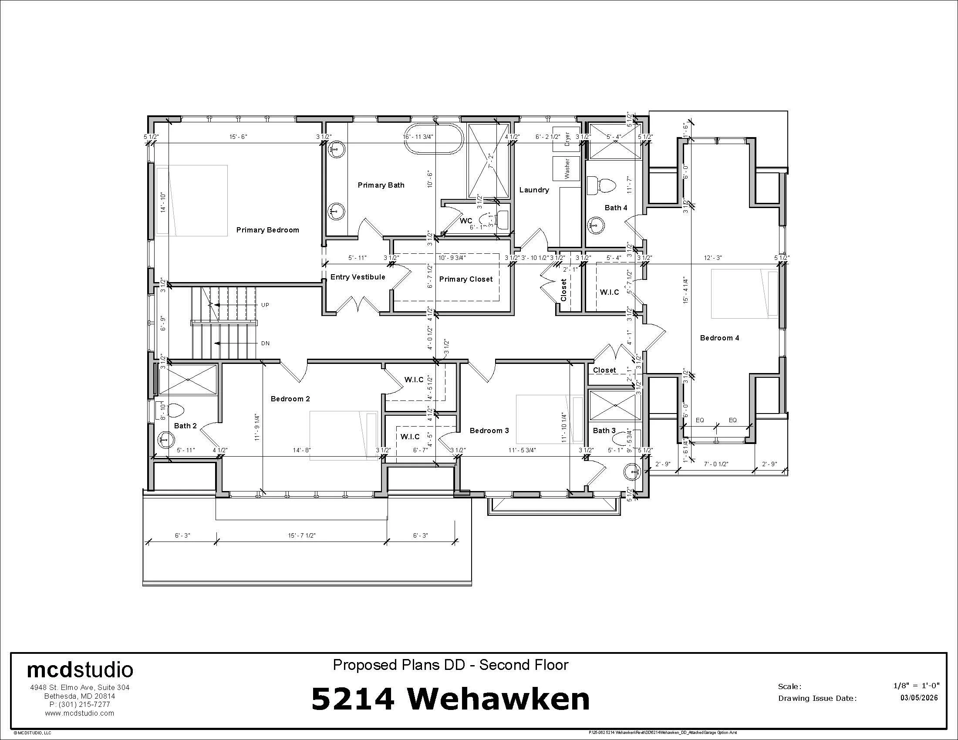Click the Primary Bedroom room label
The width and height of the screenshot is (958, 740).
(x=267, y=230)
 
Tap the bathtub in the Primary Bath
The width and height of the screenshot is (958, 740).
(x=433, y=138)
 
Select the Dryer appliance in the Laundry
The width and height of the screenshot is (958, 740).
(x=566, y=138)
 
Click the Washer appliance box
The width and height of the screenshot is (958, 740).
(x=566, y=168)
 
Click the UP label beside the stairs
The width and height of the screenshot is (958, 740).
(x=265, y=305)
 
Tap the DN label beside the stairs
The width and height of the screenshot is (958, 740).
(x=265, y=343)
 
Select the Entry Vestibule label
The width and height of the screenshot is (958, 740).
(x=358, y=277)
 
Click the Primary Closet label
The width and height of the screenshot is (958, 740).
(x=466, y=279)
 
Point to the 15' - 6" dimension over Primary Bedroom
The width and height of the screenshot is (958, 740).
(x=238, y=137)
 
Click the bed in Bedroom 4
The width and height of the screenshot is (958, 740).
(x=744, y=294)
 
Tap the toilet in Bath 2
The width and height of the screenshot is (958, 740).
(x=174, y=411)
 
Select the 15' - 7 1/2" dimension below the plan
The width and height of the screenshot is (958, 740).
(x=302, y=536)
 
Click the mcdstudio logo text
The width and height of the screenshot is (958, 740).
(x=80, y=670)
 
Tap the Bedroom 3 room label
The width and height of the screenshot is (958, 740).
(x=489, y=431)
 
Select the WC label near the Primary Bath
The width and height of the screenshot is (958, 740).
(x=466, y=221)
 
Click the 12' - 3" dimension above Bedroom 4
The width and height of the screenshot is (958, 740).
(x=713, y=258)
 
